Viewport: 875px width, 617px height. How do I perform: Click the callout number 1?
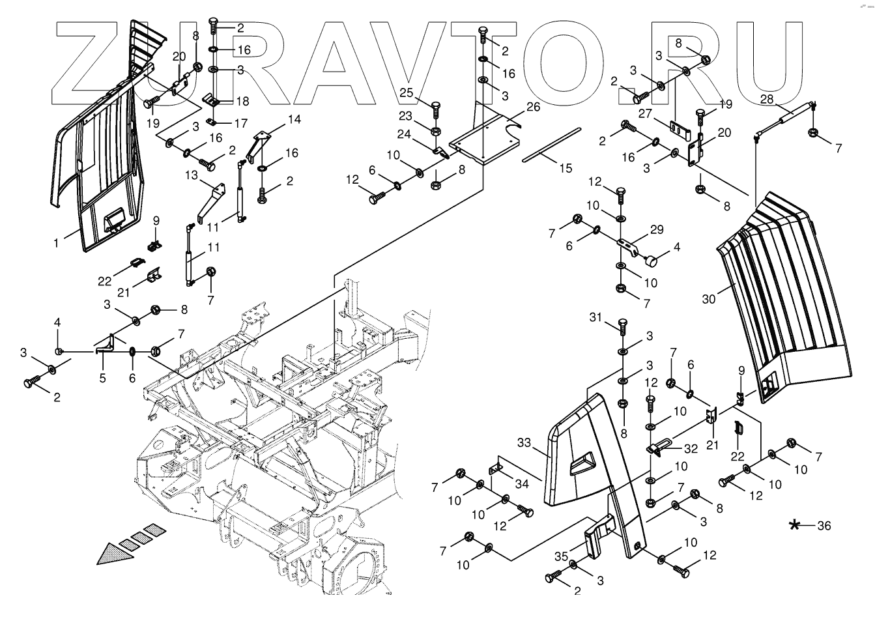click(57, 243)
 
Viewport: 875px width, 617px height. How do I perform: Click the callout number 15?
click(565, 167)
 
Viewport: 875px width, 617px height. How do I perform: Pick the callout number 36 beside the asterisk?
click(824, 525)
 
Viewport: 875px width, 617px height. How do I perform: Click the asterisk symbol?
click(794, 525)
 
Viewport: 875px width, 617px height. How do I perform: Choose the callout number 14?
click(294, 119)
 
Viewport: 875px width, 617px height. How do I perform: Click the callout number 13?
click(191, 175)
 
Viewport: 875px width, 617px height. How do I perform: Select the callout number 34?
click(522, 483)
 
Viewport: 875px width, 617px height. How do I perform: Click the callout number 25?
click(407, 93)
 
